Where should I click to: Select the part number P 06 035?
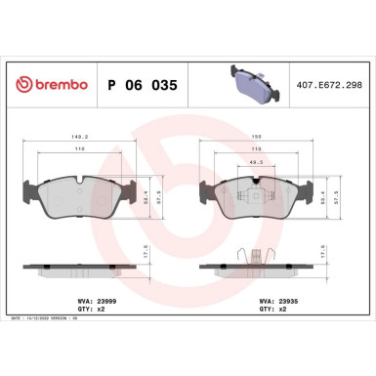(141, 85)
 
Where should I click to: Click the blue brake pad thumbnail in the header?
(250, 81)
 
